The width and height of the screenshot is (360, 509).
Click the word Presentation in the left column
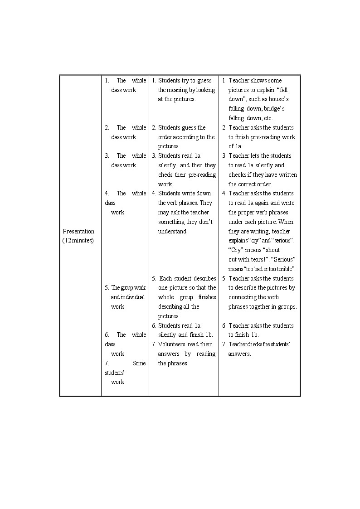pyautogui.click(x=78, y=231)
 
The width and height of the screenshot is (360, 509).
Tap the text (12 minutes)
pyautogui.click(x=78, y=241)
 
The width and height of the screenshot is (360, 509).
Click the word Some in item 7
pyautogui.click(x=139, y=364)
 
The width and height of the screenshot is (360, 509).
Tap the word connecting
pyautogui.click(x=243, y=297)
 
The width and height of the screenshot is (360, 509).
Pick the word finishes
pyautogui.click(x=207, y=297)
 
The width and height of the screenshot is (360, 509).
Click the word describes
pyautogui.click(x=205, y=278)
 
